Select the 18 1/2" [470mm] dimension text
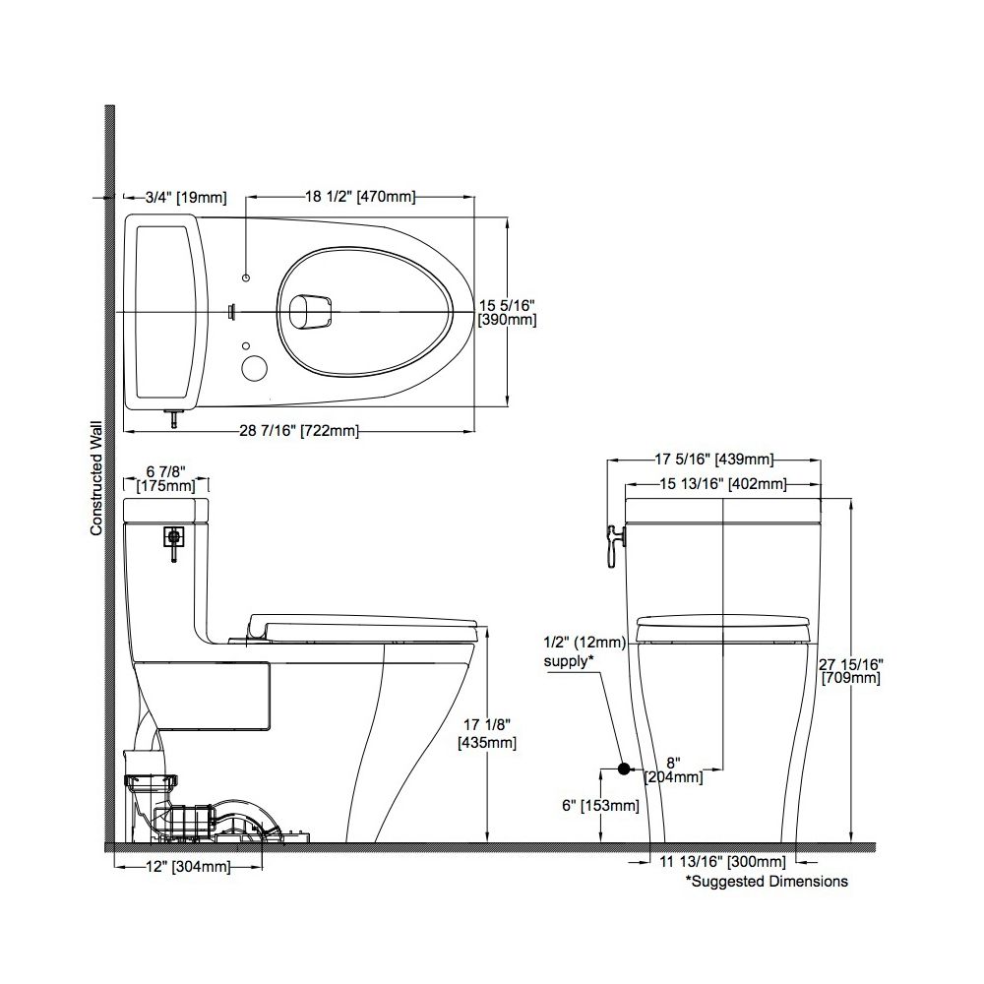[359, 197]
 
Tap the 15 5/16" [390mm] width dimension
[507, 312]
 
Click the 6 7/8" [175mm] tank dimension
[165, 478]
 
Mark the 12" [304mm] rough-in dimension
[187, 867]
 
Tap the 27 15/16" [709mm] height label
[851, 670]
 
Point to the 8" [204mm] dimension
[673, 769]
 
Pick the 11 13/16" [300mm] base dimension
[721, 863]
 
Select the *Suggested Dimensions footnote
[767, 882]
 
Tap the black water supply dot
[623, 769]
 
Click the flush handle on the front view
[613, 540]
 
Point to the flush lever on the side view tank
[174, 539]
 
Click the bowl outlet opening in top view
[311, 311]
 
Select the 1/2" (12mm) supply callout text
[584, 651]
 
